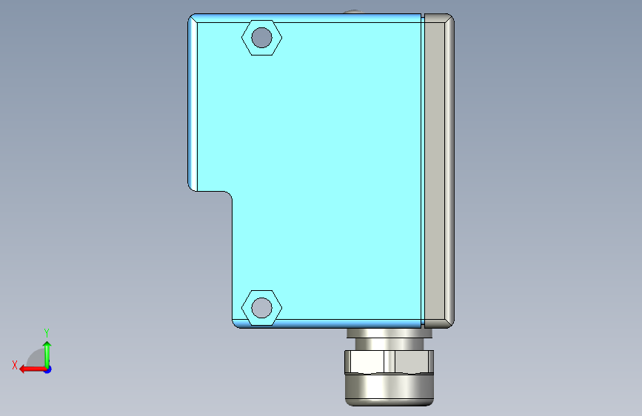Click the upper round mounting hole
click(261, 38)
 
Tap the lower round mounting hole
click(261, 308)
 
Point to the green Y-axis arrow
click(47, 355)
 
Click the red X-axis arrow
click(33, 369)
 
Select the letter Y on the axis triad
click(47, 332)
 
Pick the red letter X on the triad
click(15, 365)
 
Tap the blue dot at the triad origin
click(48, 369)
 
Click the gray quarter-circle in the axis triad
click(36, 359)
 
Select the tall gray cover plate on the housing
click(439, 171)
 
